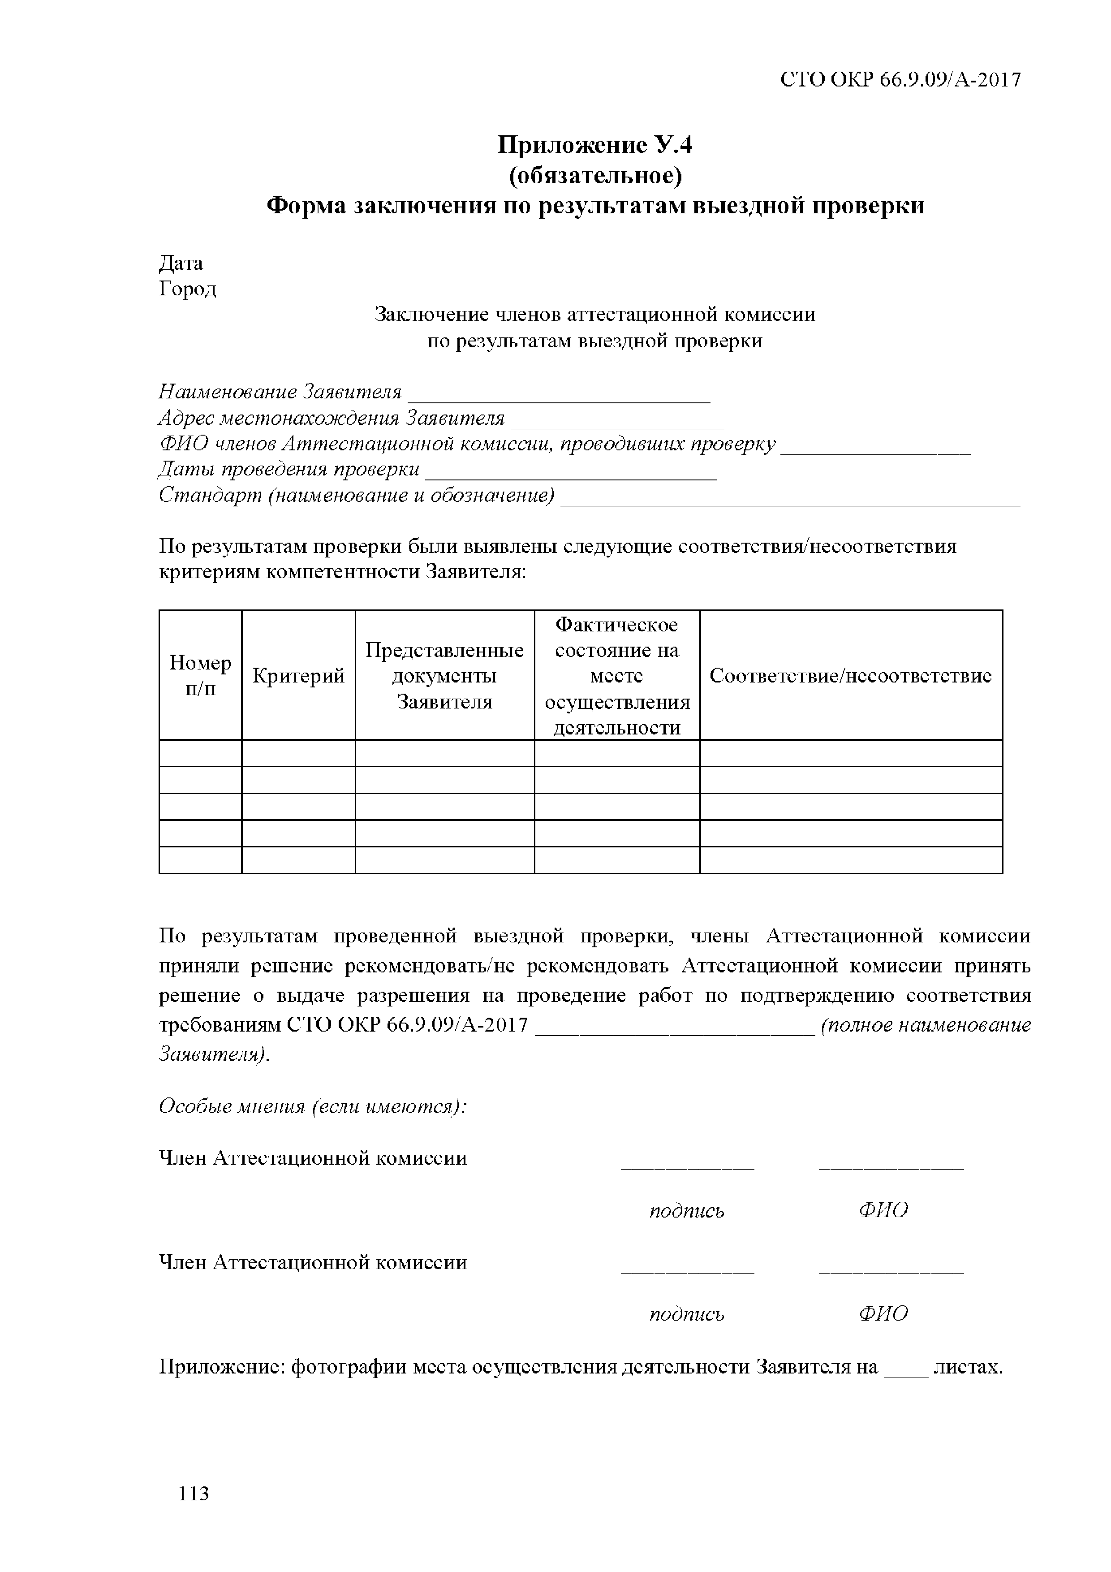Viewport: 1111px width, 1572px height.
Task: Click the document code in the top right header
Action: pyautogui.click(x=900, y=80)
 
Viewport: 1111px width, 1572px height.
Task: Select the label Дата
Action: pyautogui.click(x=181, y=263)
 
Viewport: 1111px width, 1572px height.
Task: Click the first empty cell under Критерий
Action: pyautogui.click(x=298, y=753)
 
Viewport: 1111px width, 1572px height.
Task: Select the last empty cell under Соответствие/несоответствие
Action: pyautogui.click(x=850, y=860)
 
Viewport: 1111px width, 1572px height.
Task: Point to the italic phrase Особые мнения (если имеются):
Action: pyautogui.click(x=312, y=1106)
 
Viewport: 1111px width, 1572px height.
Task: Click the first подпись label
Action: pyautogui.click(x=687, y=1211)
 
